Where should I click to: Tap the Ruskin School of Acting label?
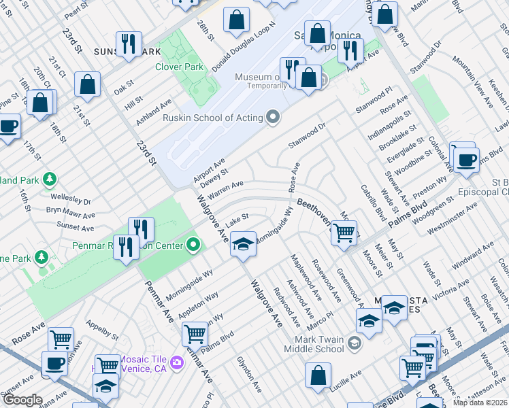coord(213,118)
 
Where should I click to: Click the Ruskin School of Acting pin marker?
coord(274,118)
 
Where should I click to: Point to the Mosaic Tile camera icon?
coord(177,361)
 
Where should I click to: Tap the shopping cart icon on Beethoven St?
coord(344,233)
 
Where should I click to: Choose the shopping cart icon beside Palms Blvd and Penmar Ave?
coord(195,334)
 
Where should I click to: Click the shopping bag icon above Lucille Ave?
coord(318,375)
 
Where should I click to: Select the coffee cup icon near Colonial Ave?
coord(466,160)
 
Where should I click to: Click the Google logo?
coord(22,400)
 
